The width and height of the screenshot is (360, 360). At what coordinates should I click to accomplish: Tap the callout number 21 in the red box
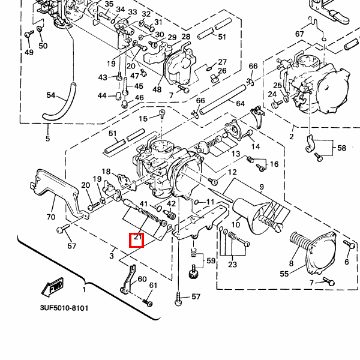(x=137, y=239)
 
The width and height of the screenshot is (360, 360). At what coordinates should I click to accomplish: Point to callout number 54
(x=50, y=95)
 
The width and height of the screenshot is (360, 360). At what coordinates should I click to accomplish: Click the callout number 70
(x=50, y=217)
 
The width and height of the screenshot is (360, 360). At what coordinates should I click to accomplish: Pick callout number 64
(x=240, y=104)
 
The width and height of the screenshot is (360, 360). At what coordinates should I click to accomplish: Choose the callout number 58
(x=341, y=148)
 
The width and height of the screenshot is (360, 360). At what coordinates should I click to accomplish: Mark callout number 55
(x=284, y=274)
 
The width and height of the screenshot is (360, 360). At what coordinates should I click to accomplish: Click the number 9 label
(x=261, y=187)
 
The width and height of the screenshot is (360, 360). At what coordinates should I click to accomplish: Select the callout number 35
(x=109, y=5)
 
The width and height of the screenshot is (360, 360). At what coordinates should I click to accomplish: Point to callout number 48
(x=157, y=89)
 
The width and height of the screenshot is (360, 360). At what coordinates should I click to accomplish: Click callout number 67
(x=299, y=34)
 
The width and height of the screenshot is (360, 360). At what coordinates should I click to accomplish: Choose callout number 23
(x=232, y=263)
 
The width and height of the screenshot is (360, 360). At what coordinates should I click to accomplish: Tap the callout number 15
(x=143, y=118)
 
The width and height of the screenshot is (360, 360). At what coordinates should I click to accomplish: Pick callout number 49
(x=29, y=53)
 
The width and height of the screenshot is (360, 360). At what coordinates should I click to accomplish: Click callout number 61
(x=153, y=285)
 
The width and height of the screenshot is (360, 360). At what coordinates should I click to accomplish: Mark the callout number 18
(x=106, y=172)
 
